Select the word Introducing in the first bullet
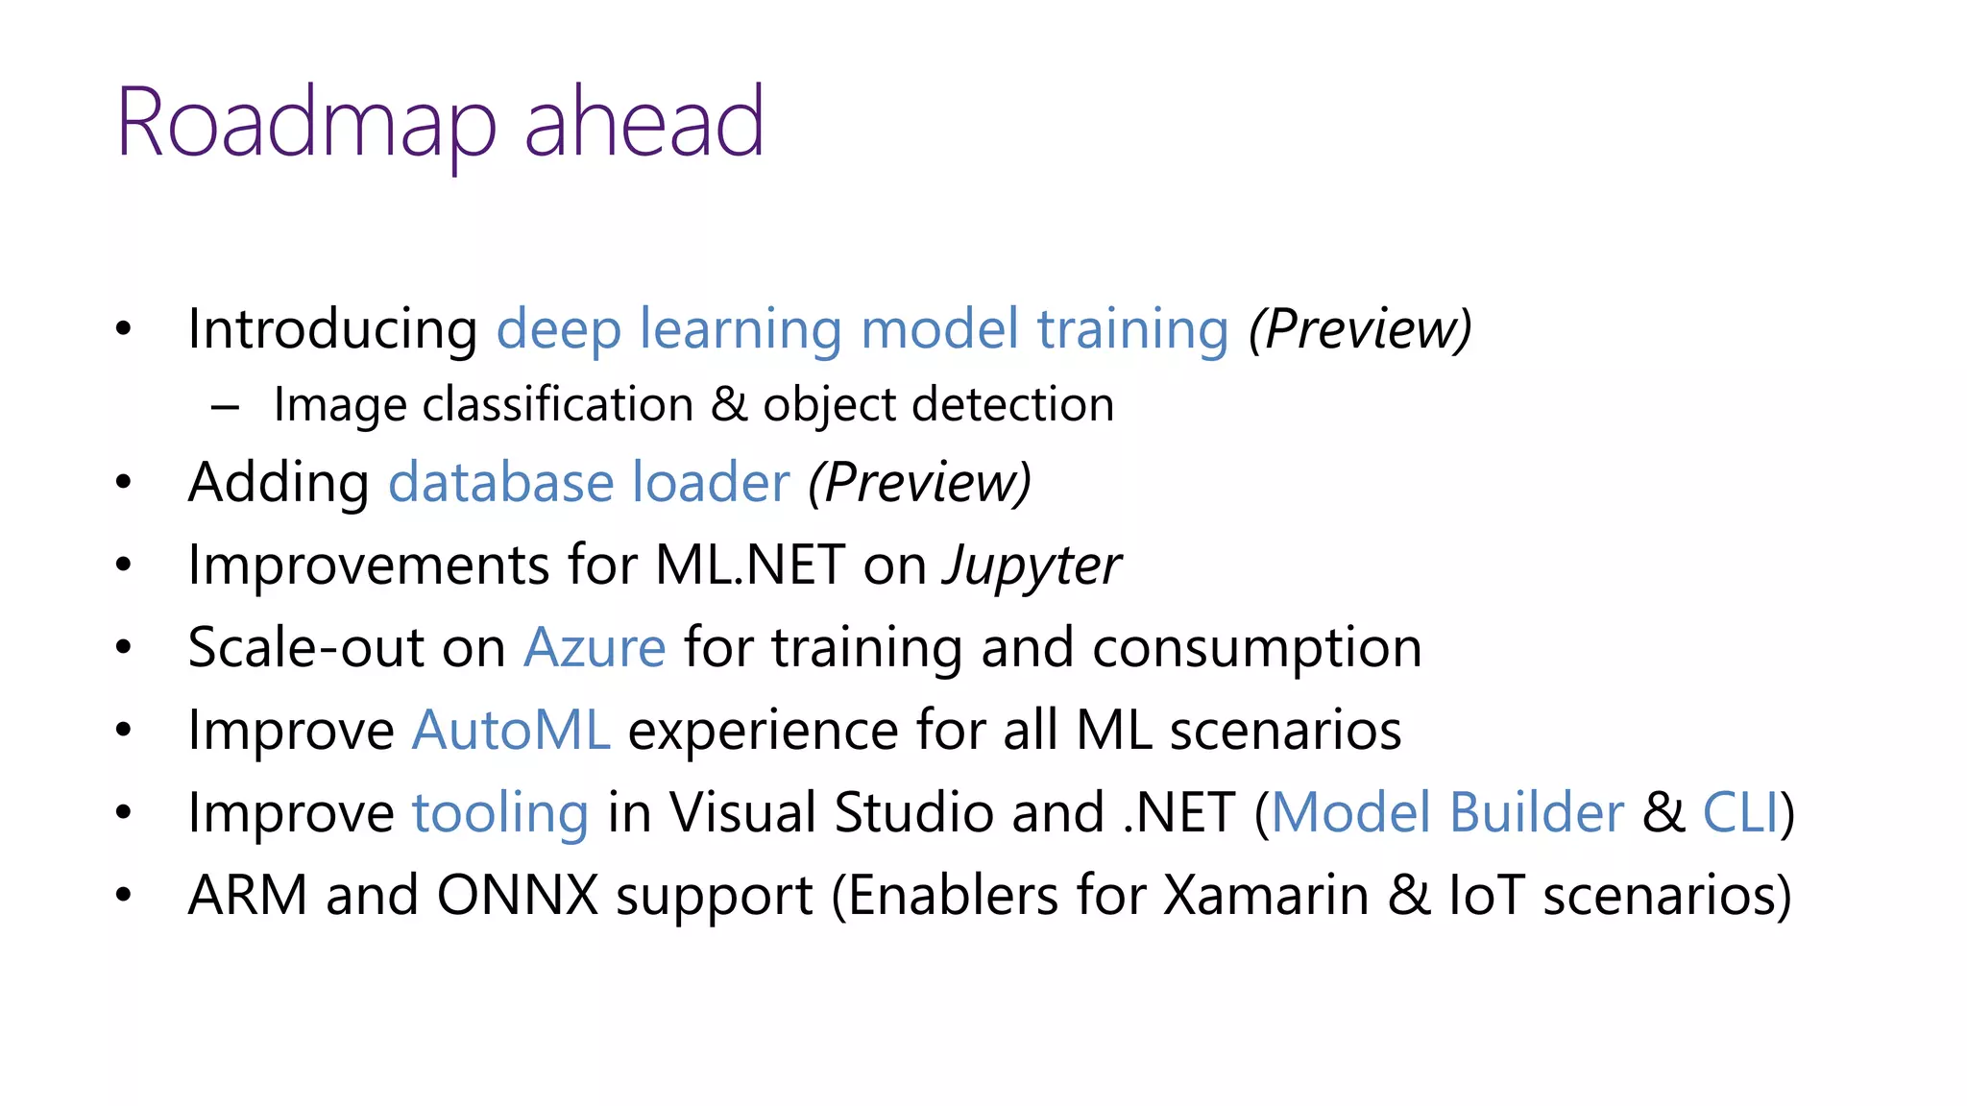pyautogui.click(x=332, y=329)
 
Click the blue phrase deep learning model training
pyautogui.click(x=862, y=329)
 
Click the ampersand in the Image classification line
pyautogui.click(x=729, y=404)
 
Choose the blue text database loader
pyautogui.click(x=589, y=482)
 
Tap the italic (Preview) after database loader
pyautogui.click(x=919, y=482)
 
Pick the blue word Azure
pyautogui.click(x=595, y=648)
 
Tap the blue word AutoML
pyautogui.click(x=511, y=731)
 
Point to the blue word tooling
pyautogui.click(x=499, y=813)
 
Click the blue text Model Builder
pyautogui.click(x=1447, y=813)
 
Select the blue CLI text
pyautogui.click(x=1739, y=813)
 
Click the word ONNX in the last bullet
pyautogui.click(x=518, y=896)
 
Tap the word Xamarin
pyautogui.click(x=1266, y=896)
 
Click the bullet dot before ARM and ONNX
pyautogui.click(x=123, y=896)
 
